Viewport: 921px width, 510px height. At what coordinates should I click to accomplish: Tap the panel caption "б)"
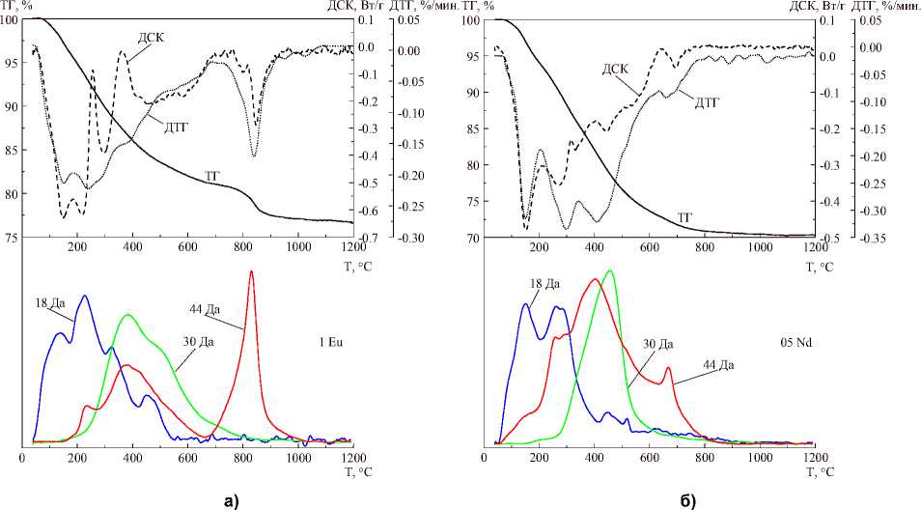coord(691,499)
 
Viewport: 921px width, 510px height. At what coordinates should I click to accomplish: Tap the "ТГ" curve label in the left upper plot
coord(214,175)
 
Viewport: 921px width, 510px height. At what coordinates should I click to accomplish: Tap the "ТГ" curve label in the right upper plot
coord(686,218)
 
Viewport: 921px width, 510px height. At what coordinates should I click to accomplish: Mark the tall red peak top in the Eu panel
coord(252,271)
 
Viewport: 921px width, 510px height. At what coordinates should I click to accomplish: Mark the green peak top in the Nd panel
coord(609,270)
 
